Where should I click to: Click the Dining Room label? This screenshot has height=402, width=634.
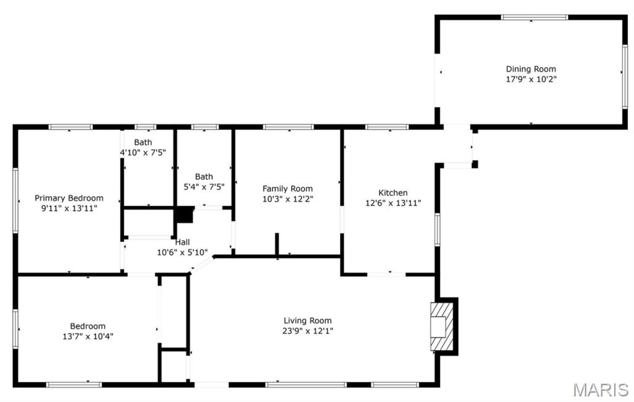(x=531, y=69)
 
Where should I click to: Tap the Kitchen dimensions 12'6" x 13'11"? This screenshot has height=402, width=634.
(x=393, y=203)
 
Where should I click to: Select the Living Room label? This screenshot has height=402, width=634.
(x=307, y=321)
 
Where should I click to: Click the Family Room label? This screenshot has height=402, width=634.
(x=287, y=189)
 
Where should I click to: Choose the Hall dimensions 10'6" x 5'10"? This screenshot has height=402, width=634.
(x=183, y=253)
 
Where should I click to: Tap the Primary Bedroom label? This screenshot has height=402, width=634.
(x=69, y=199)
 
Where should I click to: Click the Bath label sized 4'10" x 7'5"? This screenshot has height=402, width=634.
(x=143, y=142)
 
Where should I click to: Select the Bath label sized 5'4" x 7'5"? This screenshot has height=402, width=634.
(x=204, y=176)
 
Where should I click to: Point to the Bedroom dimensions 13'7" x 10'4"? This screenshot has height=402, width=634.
(x=88, y=336)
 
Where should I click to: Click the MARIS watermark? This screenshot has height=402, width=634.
(x=601, y=390)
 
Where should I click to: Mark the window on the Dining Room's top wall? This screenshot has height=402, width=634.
(x=534, y=17)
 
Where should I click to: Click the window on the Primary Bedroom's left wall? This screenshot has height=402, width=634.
(x=15, y=201)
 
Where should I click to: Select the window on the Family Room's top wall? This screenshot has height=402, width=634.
(x=289, y=127)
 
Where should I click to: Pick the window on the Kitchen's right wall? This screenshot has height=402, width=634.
(x=437, y=229)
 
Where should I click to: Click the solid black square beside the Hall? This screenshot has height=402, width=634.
(x=185, y=215)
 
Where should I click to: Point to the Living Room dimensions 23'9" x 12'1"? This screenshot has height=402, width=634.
(x=307, y=331)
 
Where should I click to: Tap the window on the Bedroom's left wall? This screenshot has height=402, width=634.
(x=15, y=329)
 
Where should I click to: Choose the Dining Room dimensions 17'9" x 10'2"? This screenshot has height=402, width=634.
(x=531, y=80)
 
